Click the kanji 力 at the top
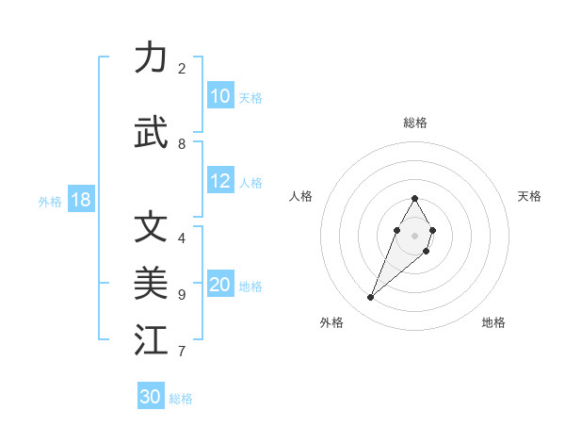click(x=151, y=57)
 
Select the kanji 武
click(x=151, y=133)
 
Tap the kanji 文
click(x=151, y=227)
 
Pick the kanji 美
click(x=151, y=284)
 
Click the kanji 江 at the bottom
click(x=151, y=340)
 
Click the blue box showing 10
click(x=220, y=96)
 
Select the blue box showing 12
click(x=220, y=181)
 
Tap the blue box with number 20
click(x=220, y=285)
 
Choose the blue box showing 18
click(x=80, y=200)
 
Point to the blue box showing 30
click(x=151, y=397)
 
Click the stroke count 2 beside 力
click(x=182, y=69)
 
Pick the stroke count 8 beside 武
click(x=182, y=144)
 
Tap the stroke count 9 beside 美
click(x=182, y=295)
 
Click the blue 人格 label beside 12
click(x=250, y=182)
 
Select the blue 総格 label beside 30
click(x=181, y=398)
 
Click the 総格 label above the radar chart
click(x=414, y=123)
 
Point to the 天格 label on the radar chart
click(x=529, y=196)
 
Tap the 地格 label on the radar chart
click(x=493, y=322)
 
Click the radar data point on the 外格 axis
click(x=370, y=298)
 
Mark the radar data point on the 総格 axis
click(x=414, y=198)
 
